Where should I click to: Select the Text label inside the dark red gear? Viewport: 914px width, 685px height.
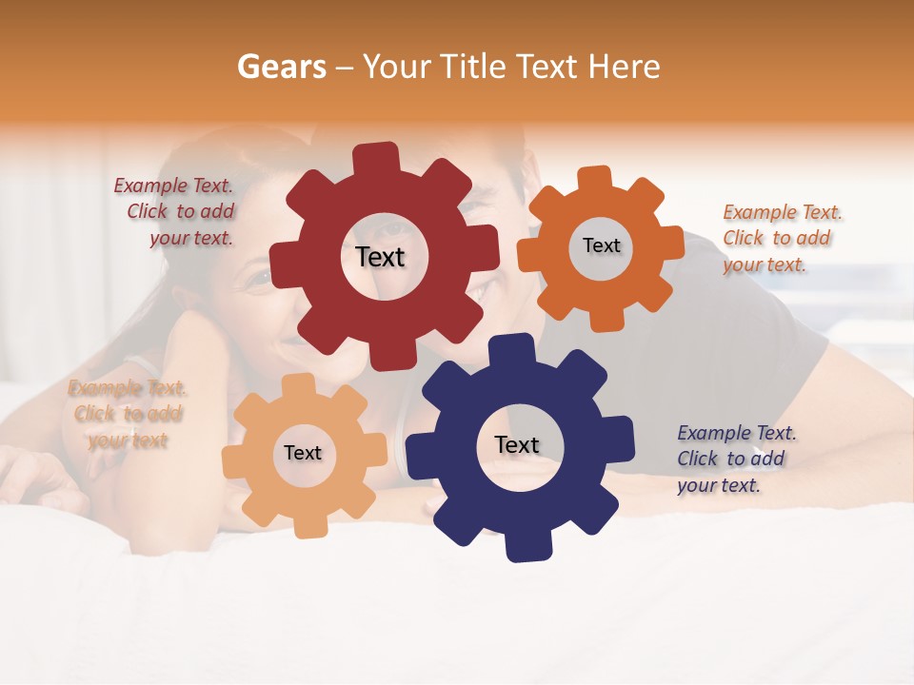pyautogui.click(x=380, y=257)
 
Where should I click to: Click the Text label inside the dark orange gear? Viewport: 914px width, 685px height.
pyautogui.click(x=601, y=245)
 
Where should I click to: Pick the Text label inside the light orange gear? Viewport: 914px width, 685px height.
pyautogui.click(x=302, y=453)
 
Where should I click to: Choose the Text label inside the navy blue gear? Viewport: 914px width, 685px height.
pyautogui.click(x=517, y=445)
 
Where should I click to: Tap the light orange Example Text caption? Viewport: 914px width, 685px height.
pyautogui.click(x=128, y=414)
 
